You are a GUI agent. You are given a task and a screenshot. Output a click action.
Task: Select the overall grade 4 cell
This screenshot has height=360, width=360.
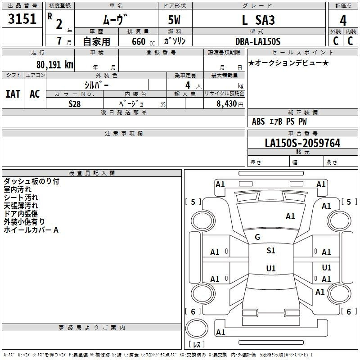point(343,20)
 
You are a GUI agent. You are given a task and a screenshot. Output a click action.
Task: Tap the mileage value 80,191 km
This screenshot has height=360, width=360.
point(54,65)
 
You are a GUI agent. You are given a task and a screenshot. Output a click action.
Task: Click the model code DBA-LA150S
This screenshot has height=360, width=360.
point(258,41)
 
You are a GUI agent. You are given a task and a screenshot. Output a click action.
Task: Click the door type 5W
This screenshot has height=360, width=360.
point(175,20)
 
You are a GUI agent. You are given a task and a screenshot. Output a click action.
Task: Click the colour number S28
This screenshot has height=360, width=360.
point(74,104)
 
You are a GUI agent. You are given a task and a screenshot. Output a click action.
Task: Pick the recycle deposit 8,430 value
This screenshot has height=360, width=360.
point(228,104)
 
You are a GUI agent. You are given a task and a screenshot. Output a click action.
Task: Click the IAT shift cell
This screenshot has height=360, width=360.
point(13,94)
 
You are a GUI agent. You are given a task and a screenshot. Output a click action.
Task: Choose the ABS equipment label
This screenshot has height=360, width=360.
point(258,121)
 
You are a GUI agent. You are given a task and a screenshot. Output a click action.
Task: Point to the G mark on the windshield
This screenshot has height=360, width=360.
point(257,237)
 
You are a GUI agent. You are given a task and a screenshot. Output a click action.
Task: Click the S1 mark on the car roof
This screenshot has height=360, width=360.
point(270,251)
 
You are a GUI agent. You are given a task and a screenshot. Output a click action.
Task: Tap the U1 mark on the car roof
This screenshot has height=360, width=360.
point(270,269)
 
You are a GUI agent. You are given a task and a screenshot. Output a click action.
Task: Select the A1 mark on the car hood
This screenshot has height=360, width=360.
point(290,216)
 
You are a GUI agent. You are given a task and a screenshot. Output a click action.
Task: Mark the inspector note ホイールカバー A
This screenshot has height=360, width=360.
point(31,230)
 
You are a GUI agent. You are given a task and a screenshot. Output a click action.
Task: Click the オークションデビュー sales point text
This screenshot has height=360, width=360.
point(288,63)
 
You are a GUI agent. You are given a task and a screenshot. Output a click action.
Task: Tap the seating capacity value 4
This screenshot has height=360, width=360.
point(187,85)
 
